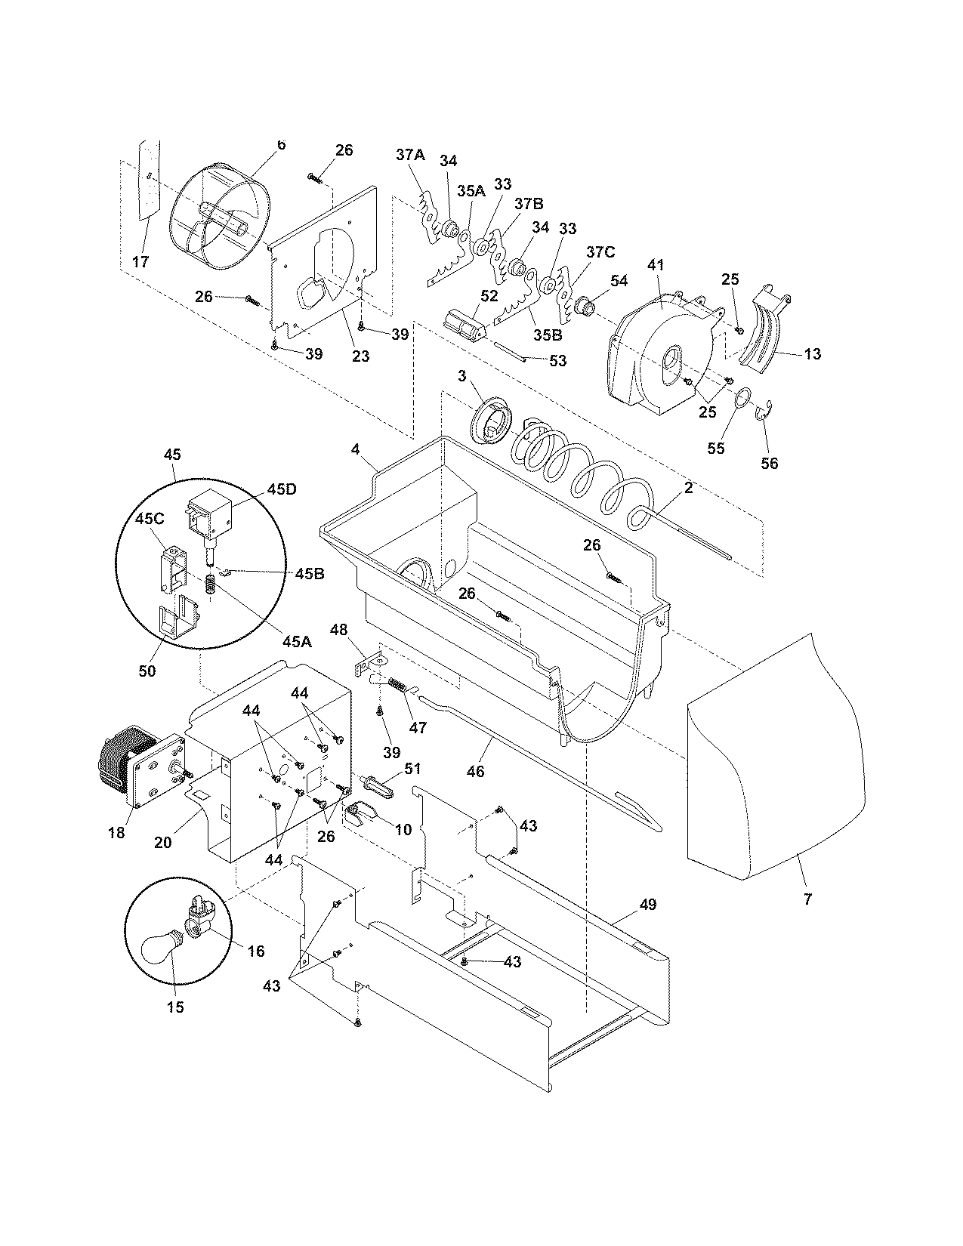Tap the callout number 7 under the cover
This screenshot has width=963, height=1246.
point(807,899)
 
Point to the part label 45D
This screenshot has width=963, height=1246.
point(259,489)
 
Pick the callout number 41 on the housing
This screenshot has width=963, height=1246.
point(655,265)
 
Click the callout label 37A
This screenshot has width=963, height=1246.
point(410,155)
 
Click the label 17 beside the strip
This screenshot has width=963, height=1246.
point(140,262)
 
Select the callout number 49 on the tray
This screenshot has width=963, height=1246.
point(647,904)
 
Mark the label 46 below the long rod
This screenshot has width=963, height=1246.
point(475,771)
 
